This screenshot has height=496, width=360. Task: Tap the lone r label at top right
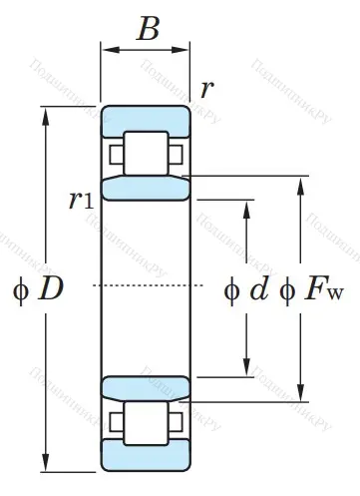[x=206, y=89]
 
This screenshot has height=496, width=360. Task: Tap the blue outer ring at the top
[x=146, y=115]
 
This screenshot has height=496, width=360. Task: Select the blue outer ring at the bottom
[x=146, y=462]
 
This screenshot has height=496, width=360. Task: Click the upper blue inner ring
[x=146, y=188]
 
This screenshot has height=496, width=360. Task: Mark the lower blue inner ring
[x=146, y=389]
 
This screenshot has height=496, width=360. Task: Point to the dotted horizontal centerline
[x=150, y=287]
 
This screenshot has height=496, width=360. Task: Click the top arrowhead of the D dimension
[x=45, y=110]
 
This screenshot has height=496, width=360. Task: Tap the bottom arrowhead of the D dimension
[x=45, y=466]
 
